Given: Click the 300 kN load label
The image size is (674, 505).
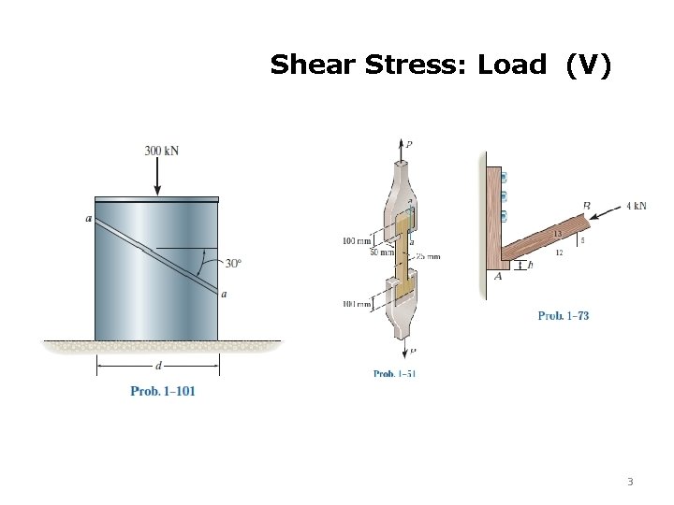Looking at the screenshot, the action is point(162,150).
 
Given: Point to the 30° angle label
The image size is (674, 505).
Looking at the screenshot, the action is point(233,263).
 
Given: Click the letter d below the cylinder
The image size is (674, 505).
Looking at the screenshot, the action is point(155,366).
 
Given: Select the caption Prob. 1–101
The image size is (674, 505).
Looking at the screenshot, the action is point(162,391).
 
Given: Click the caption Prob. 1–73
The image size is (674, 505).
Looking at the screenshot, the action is point(564,316).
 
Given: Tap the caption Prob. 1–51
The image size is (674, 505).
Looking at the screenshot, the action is point(394,374).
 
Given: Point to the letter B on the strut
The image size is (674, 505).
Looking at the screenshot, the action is point(586,206).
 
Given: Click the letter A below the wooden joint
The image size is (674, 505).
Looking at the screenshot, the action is point(498,276).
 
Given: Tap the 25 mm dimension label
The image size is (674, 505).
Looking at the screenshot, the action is point(428,255).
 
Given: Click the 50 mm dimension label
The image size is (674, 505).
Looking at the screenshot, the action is point(356,252).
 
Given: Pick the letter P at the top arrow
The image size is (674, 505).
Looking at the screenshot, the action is point(409,144).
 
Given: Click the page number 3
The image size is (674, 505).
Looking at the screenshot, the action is point(630,483).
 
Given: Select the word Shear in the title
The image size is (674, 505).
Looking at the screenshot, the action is point(301,65).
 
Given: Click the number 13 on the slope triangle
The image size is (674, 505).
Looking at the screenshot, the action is point(558,234).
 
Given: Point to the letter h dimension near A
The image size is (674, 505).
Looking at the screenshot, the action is point(531,265).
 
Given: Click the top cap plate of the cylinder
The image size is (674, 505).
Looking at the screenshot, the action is point(156,199).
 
